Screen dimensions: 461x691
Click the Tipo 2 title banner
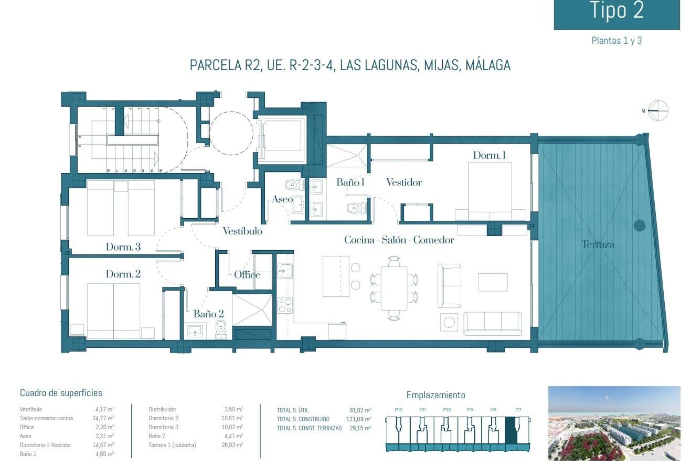(x=617, y=13)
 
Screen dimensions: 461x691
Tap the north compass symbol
(x=658, y=111)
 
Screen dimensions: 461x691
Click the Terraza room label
(x=598, y=244)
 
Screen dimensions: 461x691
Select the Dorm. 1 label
(x=489, y=155)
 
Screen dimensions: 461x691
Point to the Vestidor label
(x=404, y=182)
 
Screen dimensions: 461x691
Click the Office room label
(x=247, y=275)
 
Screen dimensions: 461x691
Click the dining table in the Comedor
(x=394, y=288)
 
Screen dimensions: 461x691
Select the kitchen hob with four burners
(x=285, y=305)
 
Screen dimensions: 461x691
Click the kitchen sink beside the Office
(x=285, y=271)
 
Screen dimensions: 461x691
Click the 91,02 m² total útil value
(x=360, y=410)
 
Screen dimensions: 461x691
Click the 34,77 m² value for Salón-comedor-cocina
(x=103, y=418)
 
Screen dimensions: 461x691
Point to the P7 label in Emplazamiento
(x=518, y=409)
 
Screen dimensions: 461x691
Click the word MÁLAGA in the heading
(x=488, y=65)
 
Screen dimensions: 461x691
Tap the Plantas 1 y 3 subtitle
(x=617, y=41)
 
